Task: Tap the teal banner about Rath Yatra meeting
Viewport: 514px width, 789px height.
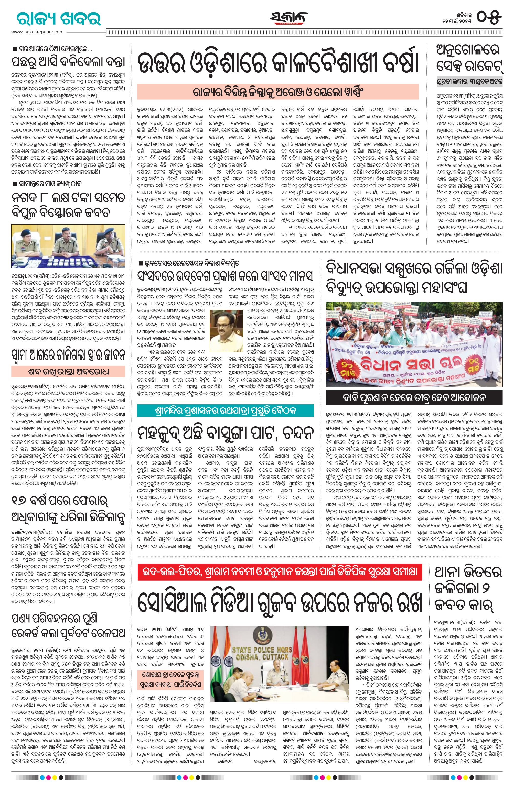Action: coord(226,410)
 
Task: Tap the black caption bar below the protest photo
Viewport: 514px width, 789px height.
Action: coord(414,396)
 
